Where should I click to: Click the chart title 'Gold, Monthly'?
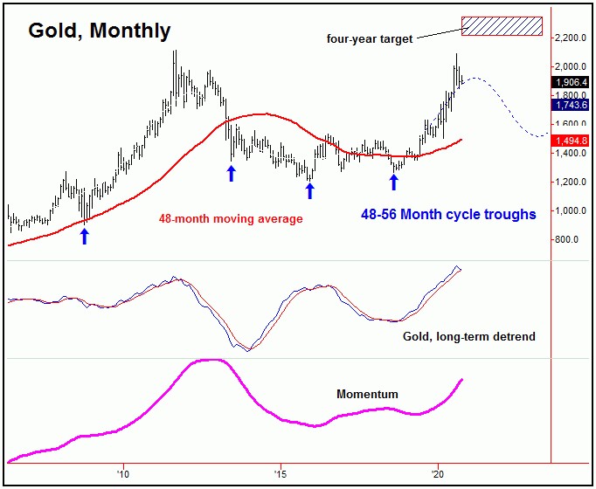(100, 31)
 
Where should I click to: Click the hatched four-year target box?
(502, 26)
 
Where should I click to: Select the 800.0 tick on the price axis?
(569, 239)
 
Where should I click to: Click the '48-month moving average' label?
(231, 219)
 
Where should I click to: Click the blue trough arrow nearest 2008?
(85, 236)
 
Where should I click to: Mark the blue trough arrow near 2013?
(232, 173)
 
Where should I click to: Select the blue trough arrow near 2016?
(309, 190)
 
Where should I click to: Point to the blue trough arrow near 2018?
(393, 182)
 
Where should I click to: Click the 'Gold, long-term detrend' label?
(468, 335)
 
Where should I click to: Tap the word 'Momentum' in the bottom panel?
(367, 395)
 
